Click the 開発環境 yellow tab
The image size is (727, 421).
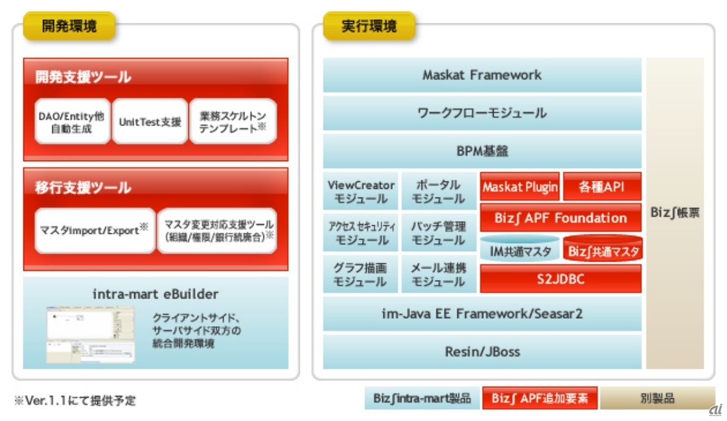coord(70,26)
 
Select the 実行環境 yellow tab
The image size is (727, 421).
coord(369,26)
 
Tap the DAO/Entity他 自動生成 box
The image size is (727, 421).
coord(72,121)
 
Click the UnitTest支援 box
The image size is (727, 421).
coord(150,121)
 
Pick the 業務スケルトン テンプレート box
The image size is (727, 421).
coord(233,121)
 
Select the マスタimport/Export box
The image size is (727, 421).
coord(95,230)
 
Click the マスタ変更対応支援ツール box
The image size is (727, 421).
coord(217,230)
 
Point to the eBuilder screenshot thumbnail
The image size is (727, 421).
coord(90,334)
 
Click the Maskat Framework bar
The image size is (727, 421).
coord(482,75)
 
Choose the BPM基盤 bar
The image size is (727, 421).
coord(482,151)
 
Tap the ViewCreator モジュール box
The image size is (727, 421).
coord(361,191)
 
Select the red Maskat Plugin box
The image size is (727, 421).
coord(520,187)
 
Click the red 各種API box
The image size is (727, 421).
coord(602,187)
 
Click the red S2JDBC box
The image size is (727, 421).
coord(561,279)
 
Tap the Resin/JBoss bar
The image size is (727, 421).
coord(482,352)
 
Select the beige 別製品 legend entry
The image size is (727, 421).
coord(657,398)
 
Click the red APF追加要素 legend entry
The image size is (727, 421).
coord(540,398)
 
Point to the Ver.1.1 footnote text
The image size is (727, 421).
coord(75,400)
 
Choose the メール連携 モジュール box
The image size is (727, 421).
coord(439,274)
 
